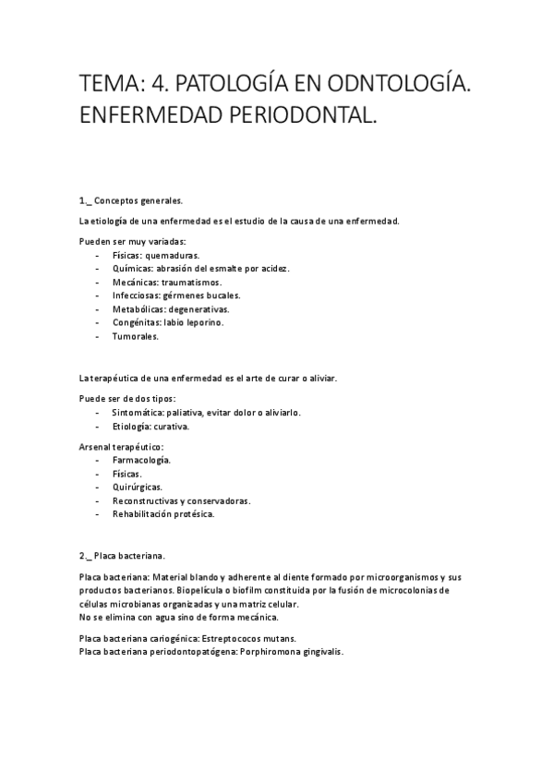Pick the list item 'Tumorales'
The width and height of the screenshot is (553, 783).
point(135,337)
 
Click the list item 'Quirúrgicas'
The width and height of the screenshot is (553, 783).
point(138,487)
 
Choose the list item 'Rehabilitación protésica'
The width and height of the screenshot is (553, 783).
point(162,514)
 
